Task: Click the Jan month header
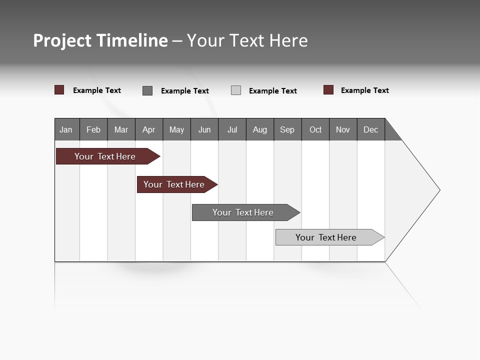coord(66,129)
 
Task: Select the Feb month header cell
coord(93,129)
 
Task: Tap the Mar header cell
coord(121,129)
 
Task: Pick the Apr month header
coord(149,129)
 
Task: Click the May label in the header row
coord(176,129)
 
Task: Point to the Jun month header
coord(204,129)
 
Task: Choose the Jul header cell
coord(232,129)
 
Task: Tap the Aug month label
coord(260,129)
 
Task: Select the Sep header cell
coord(287,129)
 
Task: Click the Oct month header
coord(315,129)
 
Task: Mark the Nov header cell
coord(343,129)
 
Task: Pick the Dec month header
coord(371,129)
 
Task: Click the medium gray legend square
coord(147,90)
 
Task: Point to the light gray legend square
coord(236,90)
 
